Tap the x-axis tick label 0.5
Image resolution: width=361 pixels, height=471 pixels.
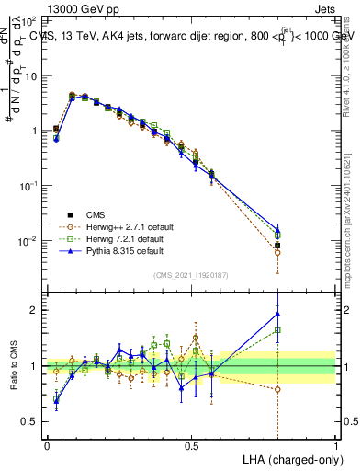pos(191,444)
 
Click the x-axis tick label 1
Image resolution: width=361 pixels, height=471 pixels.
pos(335,444)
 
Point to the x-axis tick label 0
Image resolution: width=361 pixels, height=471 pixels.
pos(47,444)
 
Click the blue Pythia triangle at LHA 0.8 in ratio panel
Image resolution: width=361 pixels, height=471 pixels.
pos(277,314)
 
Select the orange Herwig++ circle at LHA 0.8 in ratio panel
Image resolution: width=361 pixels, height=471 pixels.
pos(277,389)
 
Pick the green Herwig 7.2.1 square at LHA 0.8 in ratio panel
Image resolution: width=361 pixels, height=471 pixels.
pos(277,330)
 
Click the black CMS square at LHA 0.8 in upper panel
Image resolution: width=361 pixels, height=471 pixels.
pos(277,246)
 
